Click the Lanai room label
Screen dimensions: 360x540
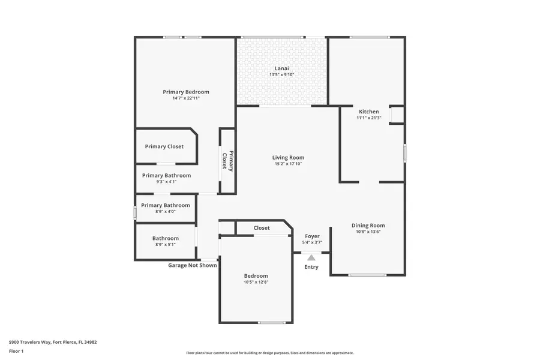pos(281,68)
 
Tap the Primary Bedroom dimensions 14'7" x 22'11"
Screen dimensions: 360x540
pos(185,98)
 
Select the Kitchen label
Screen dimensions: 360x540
pos(368,112)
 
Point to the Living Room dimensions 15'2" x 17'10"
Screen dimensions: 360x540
pos(288,164)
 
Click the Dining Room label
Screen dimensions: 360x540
pos(368,226)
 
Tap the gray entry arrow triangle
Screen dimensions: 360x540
pos(311,257)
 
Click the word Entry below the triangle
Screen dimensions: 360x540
pos(311,267)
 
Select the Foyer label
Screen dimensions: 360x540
pos(312,236)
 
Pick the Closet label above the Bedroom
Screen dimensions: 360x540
pos(262,228)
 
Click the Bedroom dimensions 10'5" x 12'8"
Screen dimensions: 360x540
pos(256,282)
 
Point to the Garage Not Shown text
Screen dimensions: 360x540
pos(192,265)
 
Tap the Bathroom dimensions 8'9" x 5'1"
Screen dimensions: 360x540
pos(166,245)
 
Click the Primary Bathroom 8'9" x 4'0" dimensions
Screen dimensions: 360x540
pos(165,211)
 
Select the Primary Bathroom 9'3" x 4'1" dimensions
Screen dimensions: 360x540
pos(166,182)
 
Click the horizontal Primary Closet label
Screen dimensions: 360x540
pos(164,146)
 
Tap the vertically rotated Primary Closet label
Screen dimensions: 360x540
pos(227,160)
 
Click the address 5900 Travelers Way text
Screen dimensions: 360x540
pos(53,342)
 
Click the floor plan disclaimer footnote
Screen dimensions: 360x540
pos(269,353)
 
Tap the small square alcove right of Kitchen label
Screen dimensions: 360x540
pos(397,115)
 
